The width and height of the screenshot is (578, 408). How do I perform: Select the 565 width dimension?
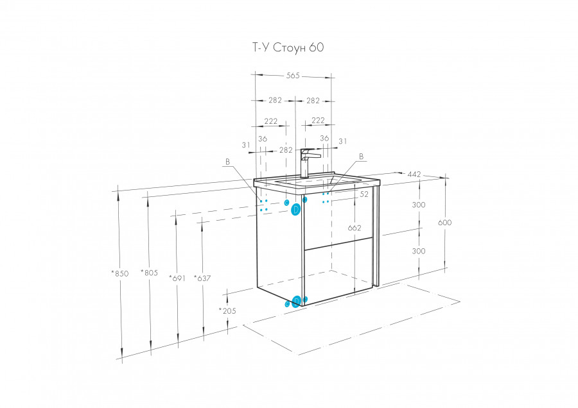(293, 76)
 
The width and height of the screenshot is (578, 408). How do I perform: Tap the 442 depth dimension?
(414, 174)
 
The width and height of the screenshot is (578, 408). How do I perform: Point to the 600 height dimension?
(445, 223)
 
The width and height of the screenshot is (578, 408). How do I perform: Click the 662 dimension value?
(354, 228)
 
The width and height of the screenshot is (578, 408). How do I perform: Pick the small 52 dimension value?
(364, 193)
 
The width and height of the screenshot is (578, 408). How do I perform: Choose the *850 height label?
(119, 273)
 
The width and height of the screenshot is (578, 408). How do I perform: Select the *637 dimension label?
(202, 278)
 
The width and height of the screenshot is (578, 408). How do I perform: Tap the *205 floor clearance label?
(227, 310)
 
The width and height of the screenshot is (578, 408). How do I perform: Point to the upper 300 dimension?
(419, 205)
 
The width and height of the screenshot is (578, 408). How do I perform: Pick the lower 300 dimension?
(419, 251)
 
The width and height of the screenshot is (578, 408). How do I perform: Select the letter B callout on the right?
(361, 157)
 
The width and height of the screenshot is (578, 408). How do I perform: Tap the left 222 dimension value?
(271, 121)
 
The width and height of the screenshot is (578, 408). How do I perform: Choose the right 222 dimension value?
(318, 121)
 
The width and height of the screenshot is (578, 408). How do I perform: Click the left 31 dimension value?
(246, 145)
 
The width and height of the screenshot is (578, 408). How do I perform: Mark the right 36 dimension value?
(324, 138)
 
